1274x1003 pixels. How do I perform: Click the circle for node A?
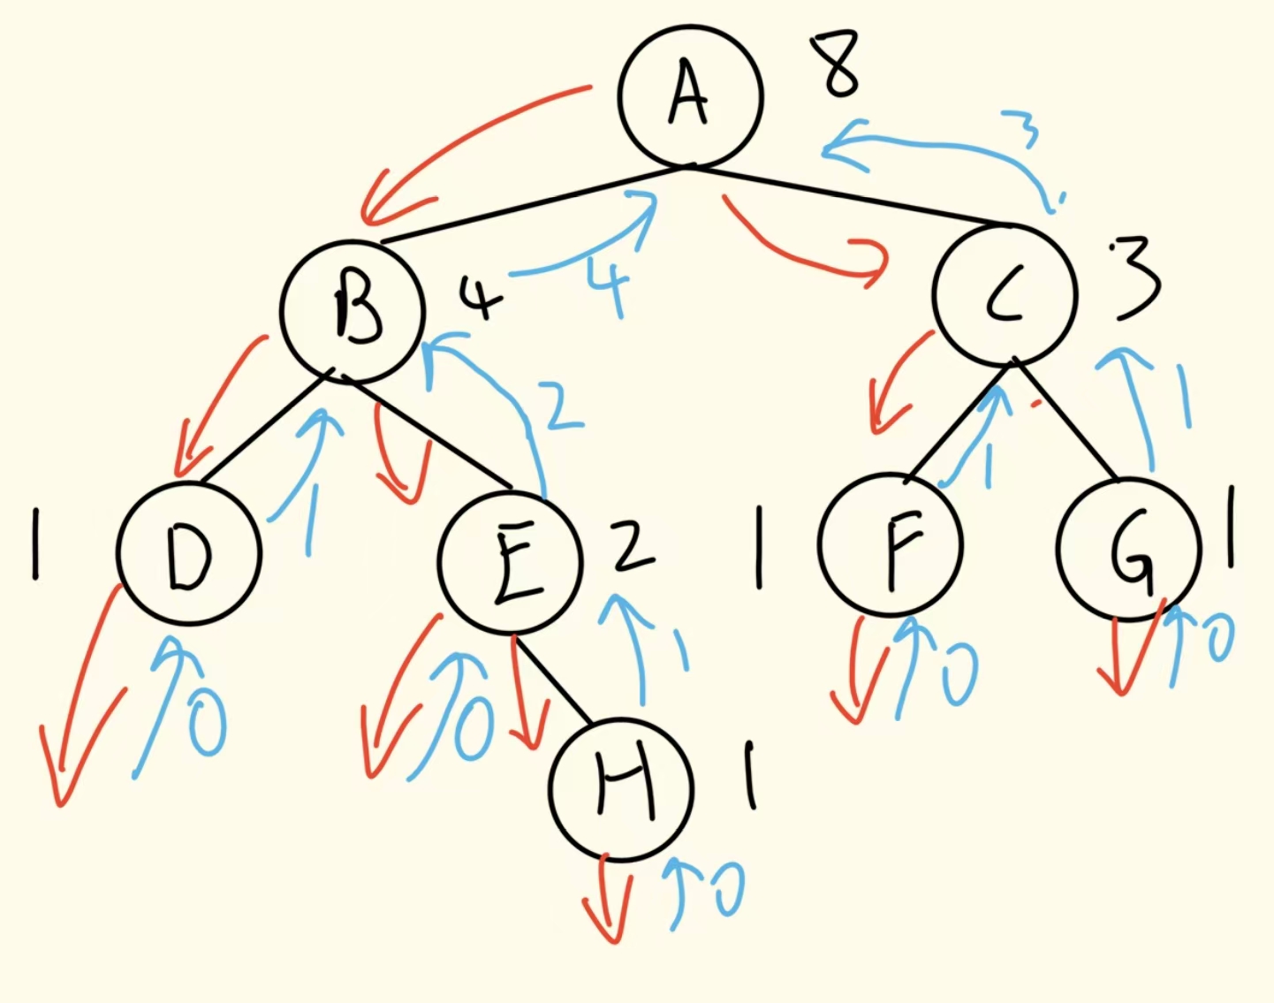690,95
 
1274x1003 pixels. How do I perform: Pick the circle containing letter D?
189,554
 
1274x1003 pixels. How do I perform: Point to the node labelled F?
891,545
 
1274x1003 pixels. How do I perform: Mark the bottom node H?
621,788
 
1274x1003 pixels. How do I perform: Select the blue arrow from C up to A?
937,146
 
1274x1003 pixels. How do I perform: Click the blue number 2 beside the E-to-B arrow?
563,407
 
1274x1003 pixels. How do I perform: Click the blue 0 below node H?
730,888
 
